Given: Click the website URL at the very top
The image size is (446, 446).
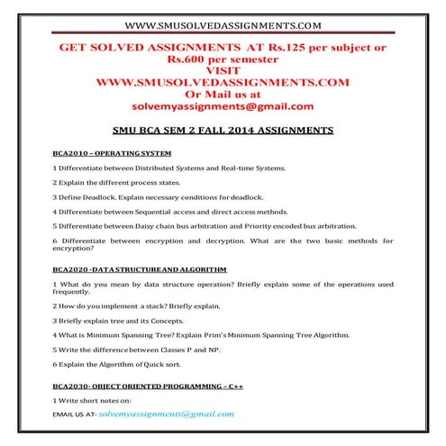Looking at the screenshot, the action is tap(223, 23).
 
